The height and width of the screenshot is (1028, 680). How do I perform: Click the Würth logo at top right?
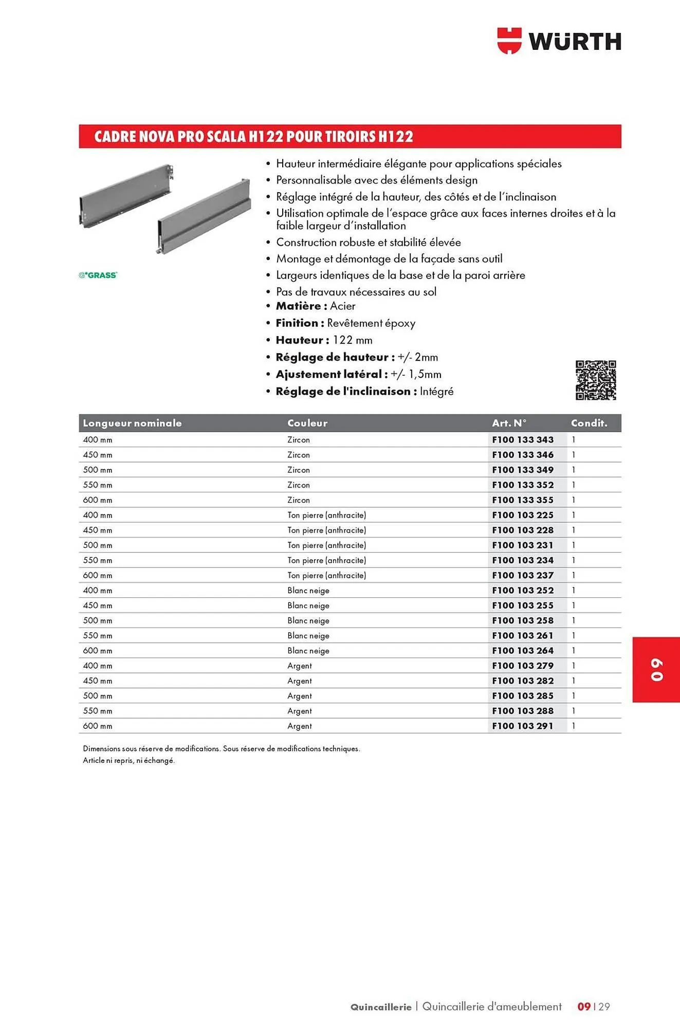[x=559, y=41]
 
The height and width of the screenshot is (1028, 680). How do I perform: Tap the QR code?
[x=595, y=380]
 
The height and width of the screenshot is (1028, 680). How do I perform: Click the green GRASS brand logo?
[x=98, y=275]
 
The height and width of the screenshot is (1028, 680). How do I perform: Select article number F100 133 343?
[x=523, y=439]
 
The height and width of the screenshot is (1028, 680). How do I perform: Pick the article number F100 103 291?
[x=523, y=726]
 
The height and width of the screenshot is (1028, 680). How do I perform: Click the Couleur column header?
[x=307, y=423]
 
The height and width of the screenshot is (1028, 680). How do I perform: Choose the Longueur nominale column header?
[x=132, y=423]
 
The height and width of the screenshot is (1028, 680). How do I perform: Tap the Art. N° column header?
[x=509, y=423]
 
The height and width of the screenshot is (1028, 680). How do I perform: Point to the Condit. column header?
[x=589, y=423]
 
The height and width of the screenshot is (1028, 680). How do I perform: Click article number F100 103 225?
[x=523, y=515]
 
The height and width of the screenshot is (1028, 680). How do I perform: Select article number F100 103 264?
[x=523, y=651]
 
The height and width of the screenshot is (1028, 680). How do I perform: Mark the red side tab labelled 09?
[x=656, y=669]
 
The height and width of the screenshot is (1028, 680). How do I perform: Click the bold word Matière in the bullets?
[x=298, y=306]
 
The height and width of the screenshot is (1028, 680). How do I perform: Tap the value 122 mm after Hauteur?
[x=353, y=340]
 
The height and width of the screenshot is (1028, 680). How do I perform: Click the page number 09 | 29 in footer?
[x=594, y=1006]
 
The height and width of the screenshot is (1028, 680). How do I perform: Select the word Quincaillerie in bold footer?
[x=381, y=1007]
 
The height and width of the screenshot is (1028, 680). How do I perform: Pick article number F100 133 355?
[x=523, y=500]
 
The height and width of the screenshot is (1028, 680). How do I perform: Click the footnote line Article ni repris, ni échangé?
[x=128, y=760]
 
